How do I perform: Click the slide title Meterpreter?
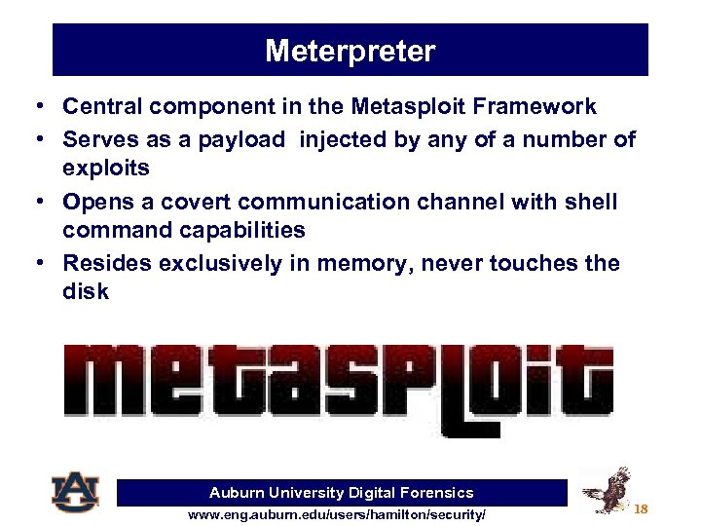(350, 51)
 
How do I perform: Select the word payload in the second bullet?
(242, 139)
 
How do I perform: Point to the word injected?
(344, 139)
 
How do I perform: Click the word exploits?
(106, 169)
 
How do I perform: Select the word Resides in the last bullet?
(103, 263)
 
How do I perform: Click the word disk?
(86, 292)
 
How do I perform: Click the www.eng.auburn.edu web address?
(337, 513)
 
